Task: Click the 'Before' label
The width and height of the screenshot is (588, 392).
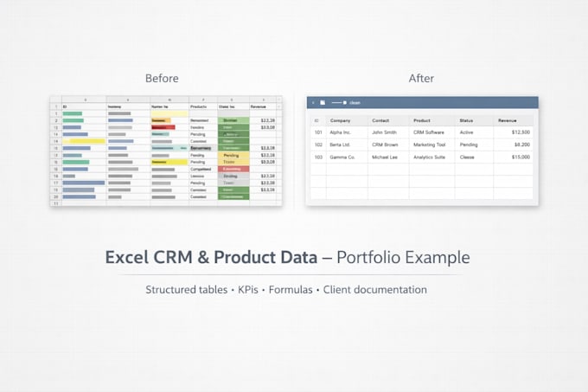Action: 162,78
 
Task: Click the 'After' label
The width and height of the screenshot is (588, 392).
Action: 421,78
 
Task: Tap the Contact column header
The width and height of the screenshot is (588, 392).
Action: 381,120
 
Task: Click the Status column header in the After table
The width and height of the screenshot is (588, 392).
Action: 467,120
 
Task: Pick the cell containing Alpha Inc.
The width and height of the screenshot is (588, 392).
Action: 342,132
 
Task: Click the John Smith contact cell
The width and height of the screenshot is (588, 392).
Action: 384,132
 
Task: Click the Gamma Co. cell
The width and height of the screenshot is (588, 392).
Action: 343,157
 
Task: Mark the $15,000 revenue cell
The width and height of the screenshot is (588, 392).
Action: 521,157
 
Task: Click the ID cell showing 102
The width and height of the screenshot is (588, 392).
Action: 317,145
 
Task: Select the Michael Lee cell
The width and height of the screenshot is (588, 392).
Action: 386,157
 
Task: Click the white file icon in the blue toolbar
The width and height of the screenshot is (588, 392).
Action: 323,102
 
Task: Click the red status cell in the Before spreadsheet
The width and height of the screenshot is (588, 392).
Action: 232,169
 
